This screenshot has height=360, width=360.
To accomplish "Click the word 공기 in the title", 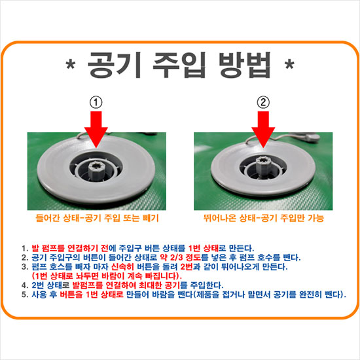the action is coord(114,65).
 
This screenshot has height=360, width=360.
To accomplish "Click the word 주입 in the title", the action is coord(179,65).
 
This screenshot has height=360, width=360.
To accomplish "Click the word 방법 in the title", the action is coord(245,65).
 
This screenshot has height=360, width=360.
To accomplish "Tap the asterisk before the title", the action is coord(71,64).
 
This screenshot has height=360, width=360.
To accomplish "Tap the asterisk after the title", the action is coord(289,64).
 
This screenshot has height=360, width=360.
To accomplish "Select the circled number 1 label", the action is coord(96,102).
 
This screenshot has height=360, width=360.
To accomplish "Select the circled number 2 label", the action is coord(263,102).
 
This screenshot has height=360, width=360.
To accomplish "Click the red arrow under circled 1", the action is coord(96,129).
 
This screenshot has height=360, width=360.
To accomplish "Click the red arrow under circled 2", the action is coord(263,129).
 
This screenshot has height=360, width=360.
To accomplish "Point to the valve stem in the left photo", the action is coord(96,170).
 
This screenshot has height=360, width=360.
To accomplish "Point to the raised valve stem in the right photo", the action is coord(262,166).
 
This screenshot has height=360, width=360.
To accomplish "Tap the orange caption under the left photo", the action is coord(97,218).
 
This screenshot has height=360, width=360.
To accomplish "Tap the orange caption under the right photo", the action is coord(264,218).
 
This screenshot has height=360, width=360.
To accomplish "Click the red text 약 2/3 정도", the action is coord(181,257).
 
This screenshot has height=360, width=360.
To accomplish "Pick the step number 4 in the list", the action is coord(25,285).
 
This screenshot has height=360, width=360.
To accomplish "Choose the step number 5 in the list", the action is coord(25,295).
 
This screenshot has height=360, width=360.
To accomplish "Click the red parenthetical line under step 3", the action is coord(107,276).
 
